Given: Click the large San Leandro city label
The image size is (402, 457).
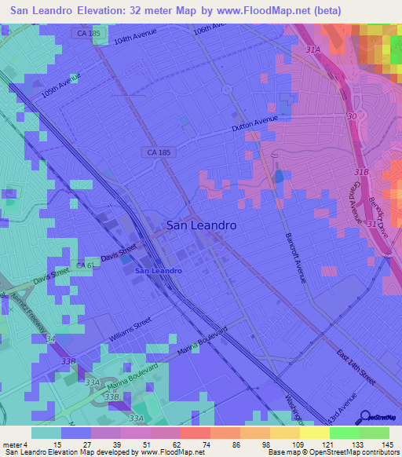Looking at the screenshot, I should (202, 225).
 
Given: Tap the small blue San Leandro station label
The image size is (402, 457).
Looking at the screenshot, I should (159, 271).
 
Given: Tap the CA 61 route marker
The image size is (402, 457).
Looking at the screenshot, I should (86, 266).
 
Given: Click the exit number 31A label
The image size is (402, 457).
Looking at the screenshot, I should (314, 49).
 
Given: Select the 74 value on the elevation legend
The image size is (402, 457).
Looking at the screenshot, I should (194, 444).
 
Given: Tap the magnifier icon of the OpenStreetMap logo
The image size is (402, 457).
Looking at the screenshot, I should (364, 416).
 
